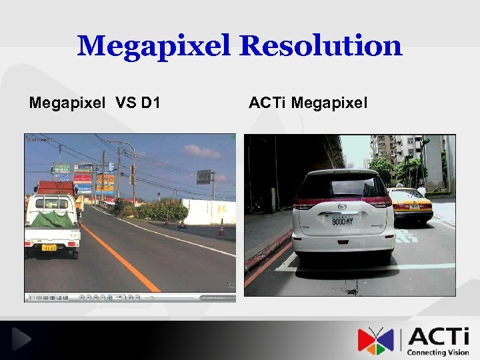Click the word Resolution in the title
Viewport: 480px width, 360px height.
(321, 46)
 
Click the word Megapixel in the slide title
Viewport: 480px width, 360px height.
(154, 46)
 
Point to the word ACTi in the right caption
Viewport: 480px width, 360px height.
(268, 103)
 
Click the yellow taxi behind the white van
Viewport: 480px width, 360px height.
(409, 203)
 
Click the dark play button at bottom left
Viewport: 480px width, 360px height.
(21, 340)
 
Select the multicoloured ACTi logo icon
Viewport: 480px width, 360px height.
(375, 340)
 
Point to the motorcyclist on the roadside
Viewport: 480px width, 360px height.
(118, 206)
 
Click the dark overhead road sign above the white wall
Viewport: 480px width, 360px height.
(204, 177)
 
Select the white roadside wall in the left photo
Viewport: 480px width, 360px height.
(209, 211)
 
